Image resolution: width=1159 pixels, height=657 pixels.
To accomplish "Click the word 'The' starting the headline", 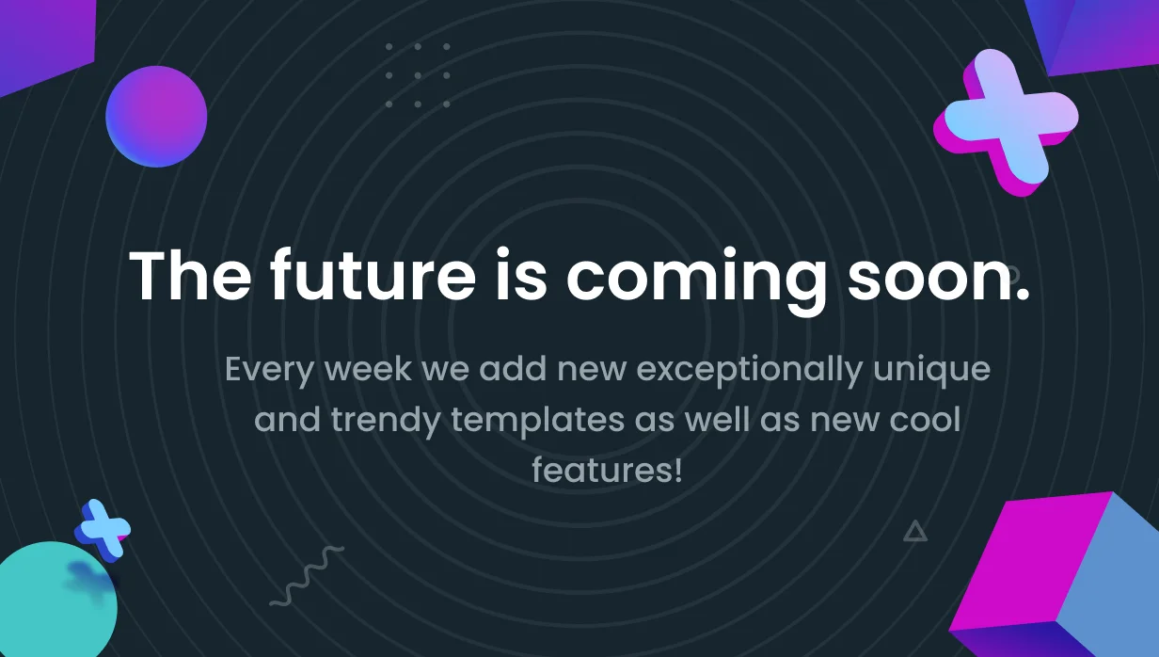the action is tap(190, 275).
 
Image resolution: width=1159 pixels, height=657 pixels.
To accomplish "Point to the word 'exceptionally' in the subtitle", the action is tap(749, 371).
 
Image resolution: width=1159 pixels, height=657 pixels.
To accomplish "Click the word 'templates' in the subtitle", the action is tap(537, 421).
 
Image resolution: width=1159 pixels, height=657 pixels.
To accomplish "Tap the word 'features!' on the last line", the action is tap(607, 470).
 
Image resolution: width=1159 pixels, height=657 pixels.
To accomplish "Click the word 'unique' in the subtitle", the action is tap(931, 371).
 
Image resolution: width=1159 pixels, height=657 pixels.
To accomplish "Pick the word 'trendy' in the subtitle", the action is tap(386, 421).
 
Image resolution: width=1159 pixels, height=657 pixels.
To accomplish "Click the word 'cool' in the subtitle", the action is tap(925, 419).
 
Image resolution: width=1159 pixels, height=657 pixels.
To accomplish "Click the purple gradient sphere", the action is tap(156, 117).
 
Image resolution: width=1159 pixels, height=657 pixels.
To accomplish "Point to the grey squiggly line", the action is tap(308, 576).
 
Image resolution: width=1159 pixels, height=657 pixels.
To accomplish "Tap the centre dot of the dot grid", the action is tap(418, 75).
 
